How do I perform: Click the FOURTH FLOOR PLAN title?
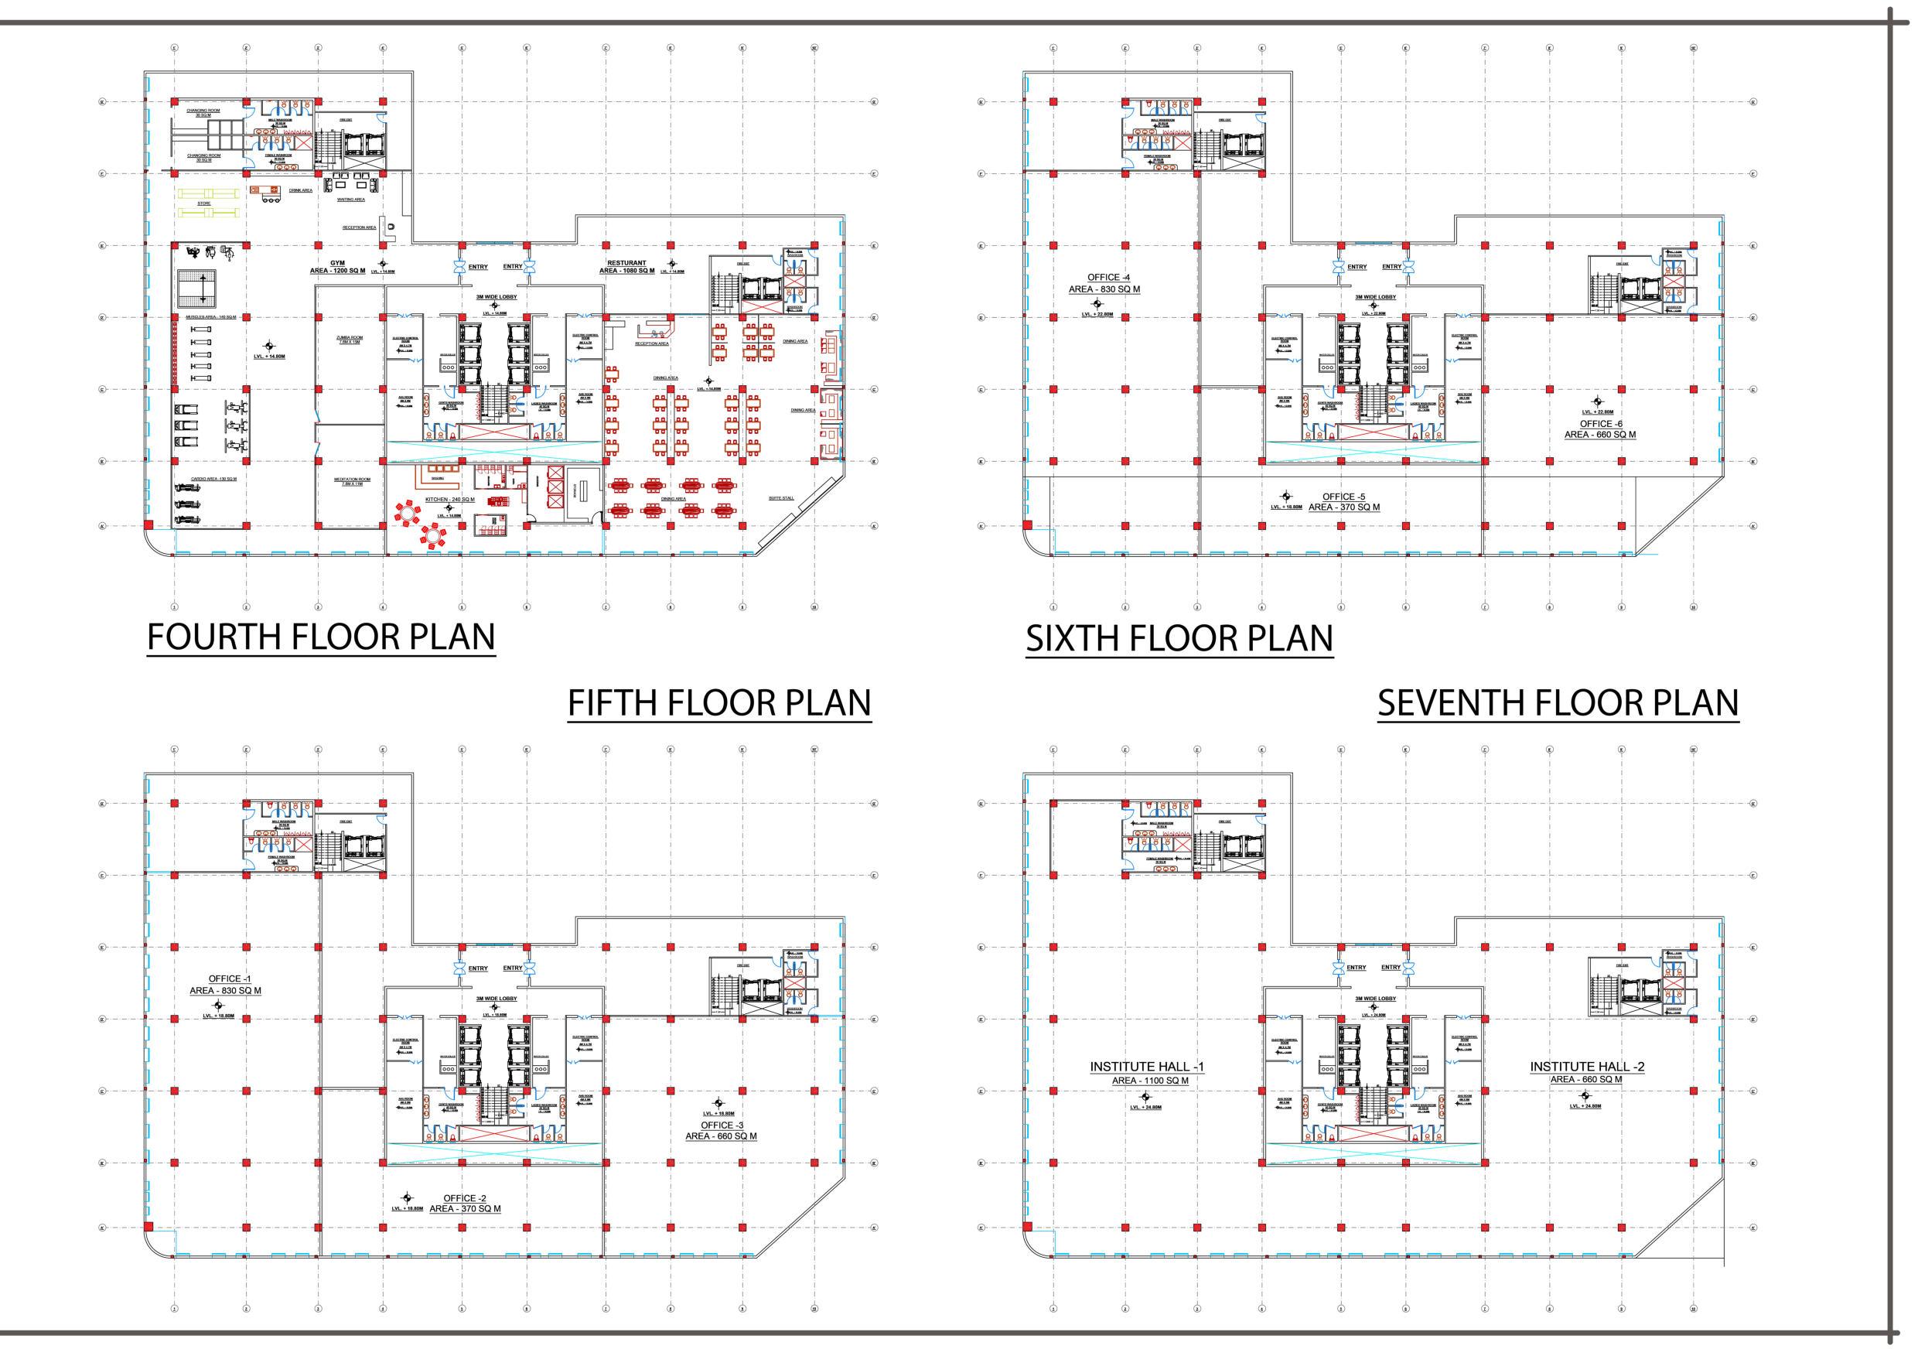pos(321,637)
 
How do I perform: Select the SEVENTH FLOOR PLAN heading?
pos(1558,702)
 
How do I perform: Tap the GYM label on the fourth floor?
pos(337,262)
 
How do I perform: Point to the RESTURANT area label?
pos(626,263)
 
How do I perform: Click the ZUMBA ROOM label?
pos(349,337)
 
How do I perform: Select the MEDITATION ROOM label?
pos(352,480)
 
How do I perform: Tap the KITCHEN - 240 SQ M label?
pos(449,499)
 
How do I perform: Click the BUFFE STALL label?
pos(780,499)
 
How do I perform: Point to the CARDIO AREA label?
pos(214,479)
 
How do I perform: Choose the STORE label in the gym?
pos(204,203)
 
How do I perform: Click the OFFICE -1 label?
pos(225,979)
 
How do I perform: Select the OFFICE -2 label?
pos(465,1198)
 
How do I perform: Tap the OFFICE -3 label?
pos(721,1125)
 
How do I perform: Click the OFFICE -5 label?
pos(1343,497)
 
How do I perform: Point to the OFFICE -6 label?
pos(1599,424)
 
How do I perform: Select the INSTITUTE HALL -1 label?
pos(1146,1067)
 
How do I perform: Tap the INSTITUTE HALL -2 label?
pos(1586,1066)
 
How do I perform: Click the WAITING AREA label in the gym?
pos(351,200)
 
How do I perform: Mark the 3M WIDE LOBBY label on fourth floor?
pos(491,296)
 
